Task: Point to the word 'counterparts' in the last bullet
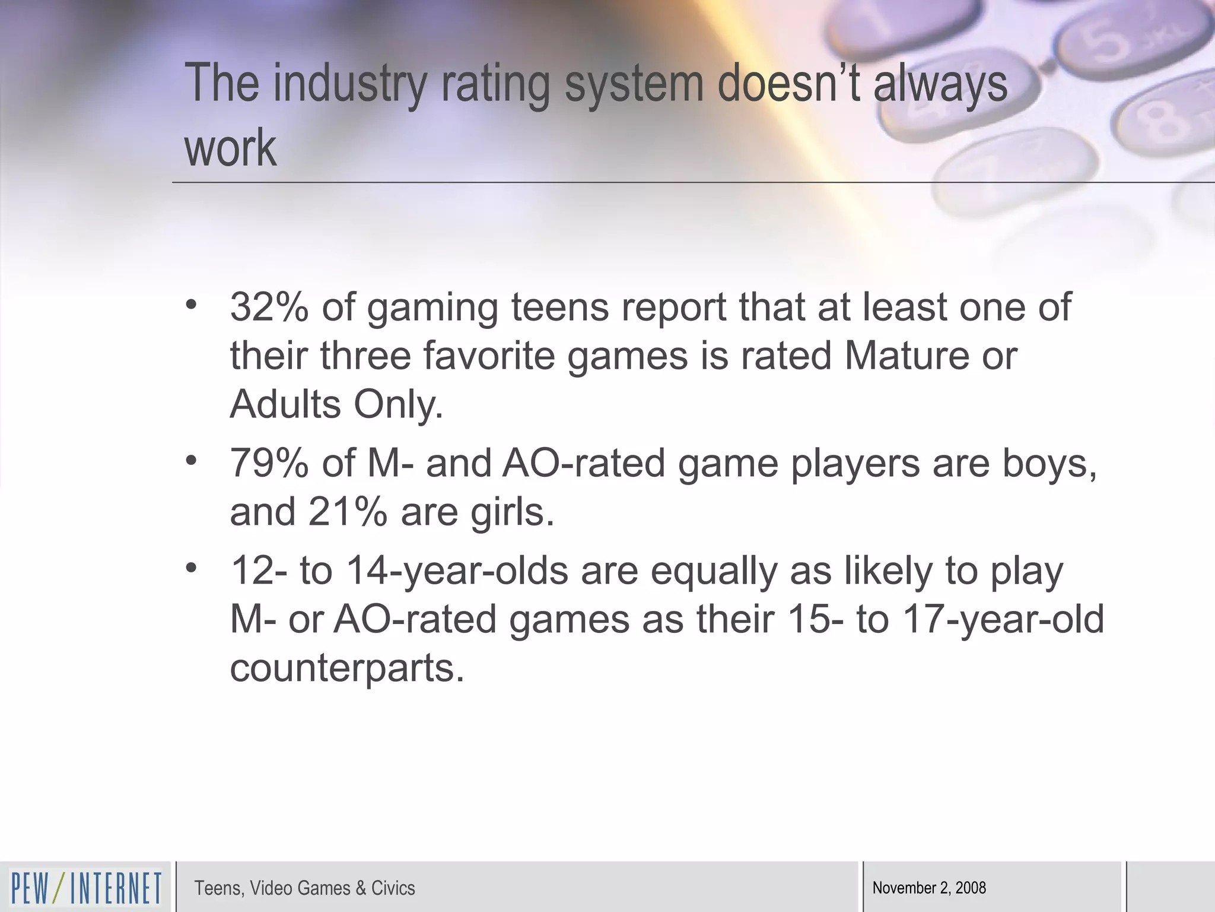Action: coord(346,669)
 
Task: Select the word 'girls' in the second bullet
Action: coord(512,512)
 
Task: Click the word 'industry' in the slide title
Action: coord(349,84)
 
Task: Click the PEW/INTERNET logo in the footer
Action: coord(86,888)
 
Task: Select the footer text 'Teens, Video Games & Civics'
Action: coord(304,888)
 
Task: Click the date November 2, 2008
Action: coord(929,888)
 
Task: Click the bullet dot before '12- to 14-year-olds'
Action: coord(190,568)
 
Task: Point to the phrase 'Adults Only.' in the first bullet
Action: coord(336,405)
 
